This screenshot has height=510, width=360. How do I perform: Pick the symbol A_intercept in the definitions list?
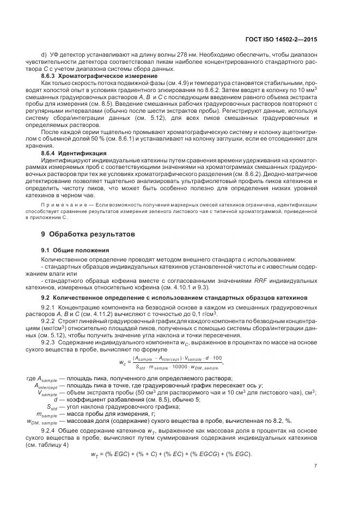click(x=46, y=385)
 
